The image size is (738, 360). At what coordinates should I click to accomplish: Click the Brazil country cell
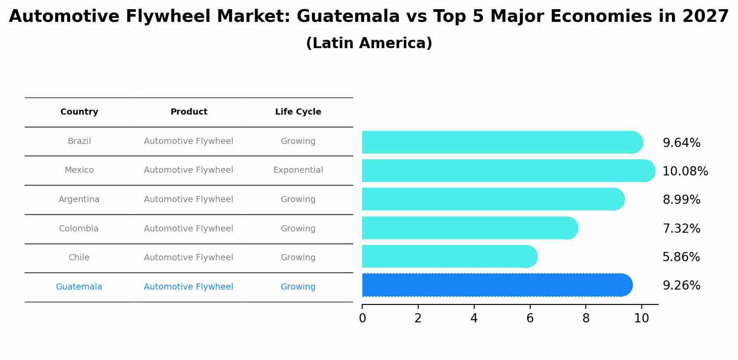tap(79, 141)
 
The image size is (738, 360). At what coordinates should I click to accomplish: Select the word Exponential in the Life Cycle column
tap(298, 170)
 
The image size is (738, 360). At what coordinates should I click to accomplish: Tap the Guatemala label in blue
tap(79, 287)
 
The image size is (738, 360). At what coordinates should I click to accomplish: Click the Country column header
tap(79, 112)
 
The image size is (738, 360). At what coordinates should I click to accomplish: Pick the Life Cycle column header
tap(298, 112)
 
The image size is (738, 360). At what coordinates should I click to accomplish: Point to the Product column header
tap(189, 112)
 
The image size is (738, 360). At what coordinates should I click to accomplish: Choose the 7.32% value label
tap(681, 228)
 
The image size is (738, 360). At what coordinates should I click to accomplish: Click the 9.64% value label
tap(681, 143)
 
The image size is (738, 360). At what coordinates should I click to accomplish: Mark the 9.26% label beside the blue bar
tap(681, 286)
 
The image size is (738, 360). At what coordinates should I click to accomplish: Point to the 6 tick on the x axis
tap(530, 318)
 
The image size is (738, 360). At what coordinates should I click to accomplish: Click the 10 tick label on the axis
tap(641, 318)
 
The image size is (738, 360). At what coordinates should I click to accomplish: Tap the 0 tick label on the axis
tap(362, 318)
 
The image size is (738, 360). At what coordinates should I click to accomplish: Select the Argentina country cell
tap(79, 199)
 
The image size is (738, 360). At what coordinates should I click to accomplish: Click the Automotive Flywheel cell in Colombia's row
tap(189, 229)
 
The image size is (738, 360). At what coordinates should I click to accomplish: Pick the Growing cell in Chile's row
tap(298, 258)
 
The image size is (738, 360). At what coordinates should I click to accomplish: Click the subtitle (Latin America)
tap(369, 43)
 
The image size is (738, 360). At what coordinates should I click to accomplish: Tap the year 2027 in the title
tap(705, 17)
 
